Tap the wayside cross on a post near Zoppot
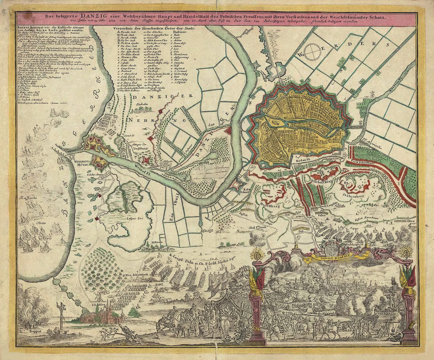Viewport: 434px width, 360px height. [61, 310]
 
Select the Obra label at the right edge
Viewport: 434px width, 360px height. [411, 220]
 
